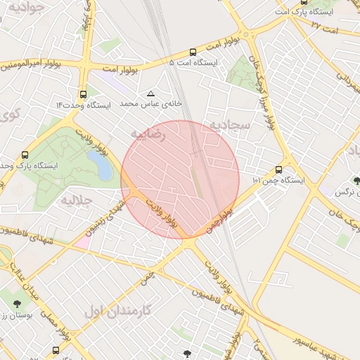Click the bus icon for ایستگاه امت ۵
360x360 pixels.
193,52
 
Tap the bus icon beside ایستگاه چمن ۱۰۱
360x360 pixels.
279,169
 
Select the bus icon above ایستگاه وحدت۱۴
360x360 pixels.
84,94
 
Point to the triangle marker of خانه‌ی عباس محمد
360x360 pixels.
150,94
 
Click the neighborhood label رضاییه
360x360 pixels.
148,134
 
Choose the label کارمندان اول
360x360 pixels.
117,309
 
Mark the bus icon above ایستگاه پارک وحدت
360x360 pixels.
26,155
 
